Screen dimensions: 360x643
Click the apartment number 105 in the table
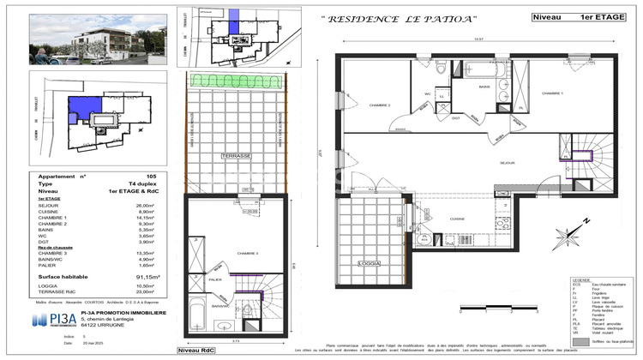(152, 176)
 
